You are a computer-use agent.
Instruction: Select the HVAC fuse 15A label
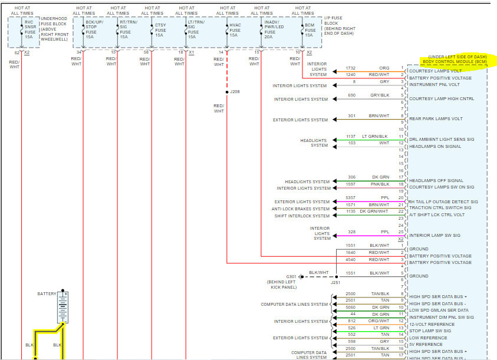click(233, 29)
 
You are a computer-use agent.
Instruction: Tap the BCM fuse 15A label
click(310, 29)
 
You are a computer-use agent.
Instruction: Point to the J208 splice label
click(235, 92)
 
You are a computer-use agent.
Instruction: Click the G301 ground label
click(292, 276)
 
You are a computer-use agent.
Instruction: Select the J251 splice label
click(336, 283)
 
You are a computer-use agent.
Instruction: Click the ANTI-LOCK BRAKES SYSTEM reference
click(301, 209)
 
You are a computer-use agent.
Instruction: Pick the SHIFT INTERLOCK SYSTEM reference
click(302, 216)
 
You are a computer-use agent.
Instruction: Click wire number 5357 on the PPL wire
click(350, 197)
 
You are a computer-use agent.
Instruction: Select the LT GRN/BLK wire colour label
click(375, 136)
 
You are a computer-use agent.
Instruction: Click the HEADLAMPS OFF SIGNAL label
click(436, 180)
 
